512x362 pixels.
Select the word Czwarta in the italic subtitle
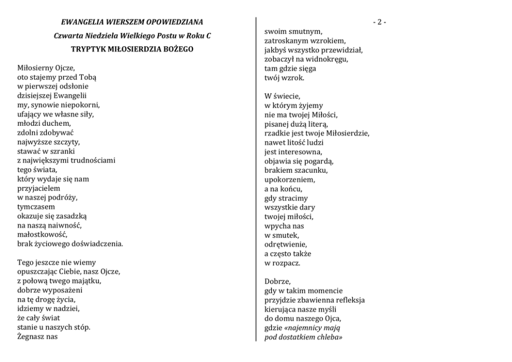point(67,36)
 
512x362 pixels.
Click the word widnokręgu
point(326,59)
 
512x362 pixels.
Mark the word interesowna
point(300,152)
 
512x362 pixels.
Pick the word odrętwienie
point(285,244)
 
